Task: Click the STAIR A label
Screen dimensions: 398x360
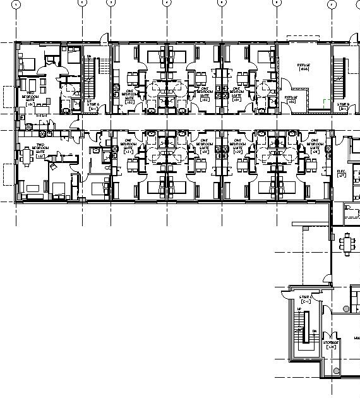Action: [93, 105]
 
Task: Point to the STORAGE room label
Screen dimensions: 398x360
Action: [331, 344]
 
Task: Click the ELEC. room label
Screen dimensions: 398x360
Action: [342, 172]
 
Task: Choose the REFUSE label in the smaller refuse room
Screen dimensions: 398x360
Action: [291, 99]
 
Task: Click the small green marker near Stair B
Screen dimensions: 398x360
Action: [326, 101]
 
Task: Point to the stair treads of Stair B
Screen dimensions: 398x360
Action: [340, 76]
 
